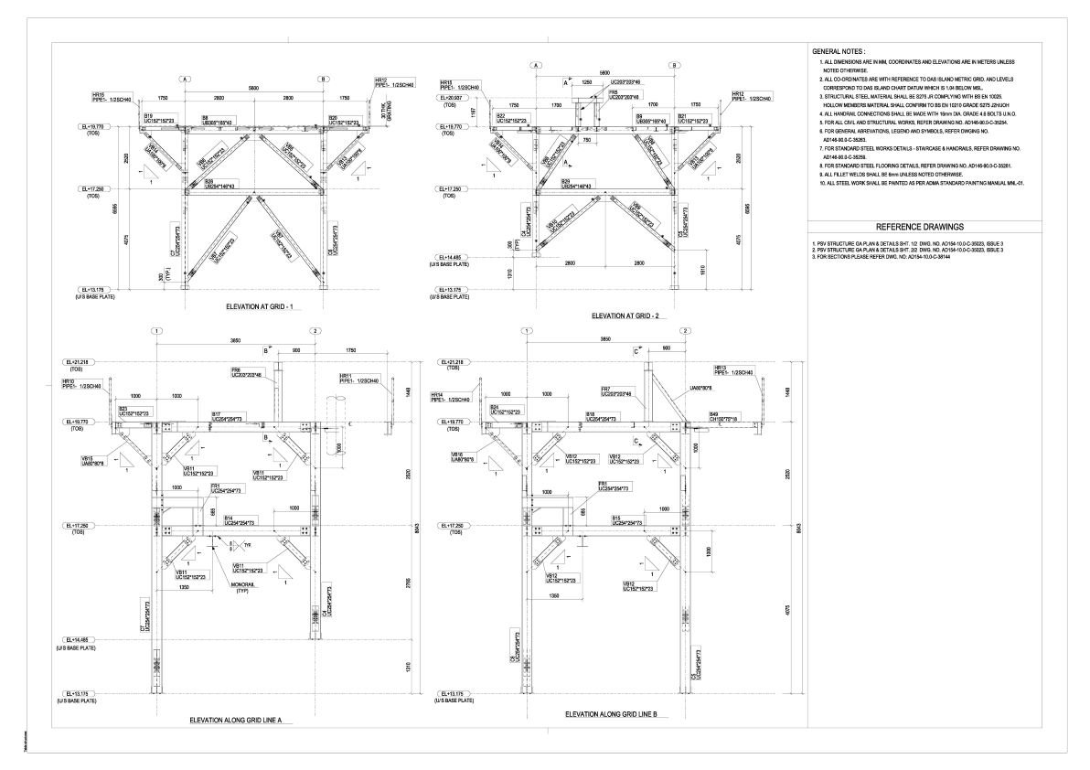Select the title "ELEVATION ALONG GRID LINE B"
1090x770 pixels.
pos(617,713)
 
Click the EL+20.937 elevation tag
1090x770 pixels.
pos(452,97)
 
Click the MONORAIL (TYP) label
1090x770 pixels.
pos(241,588)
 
